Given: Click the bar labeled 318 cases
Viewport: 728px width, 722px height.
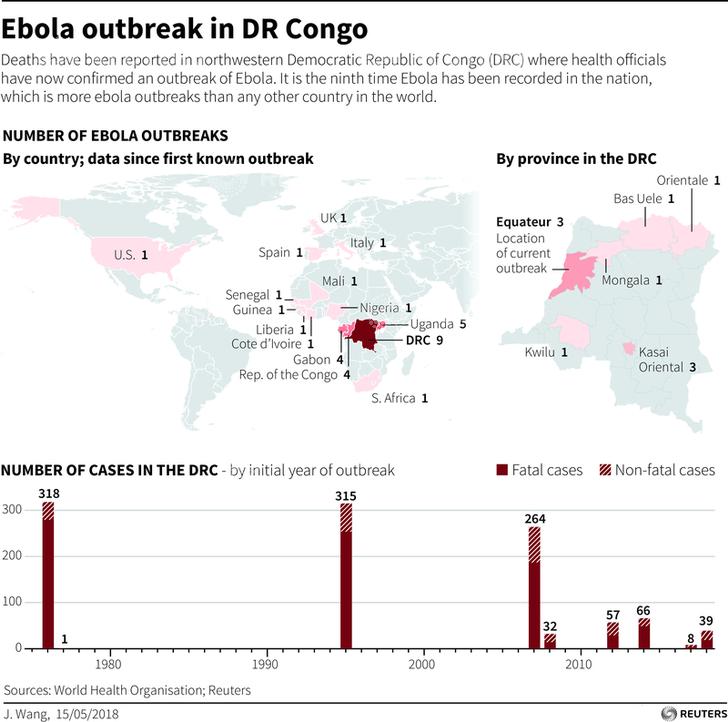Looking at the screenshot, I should coord(48,575).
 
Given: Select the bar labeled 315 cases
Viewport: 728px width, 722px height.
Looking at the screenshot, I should coord(346,576).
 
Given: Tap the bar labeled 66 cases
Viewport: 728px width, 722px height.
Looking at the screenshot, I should coord(644,634).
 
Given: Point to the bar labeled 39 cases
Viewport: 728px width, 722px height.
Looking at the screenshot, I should coord(706,639).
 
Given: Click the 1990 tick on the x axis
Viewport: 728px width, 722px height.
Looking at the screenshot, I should coord(266,663).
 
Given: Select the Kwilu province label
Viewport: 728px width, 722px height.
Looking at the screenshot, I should coord(544,352).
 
